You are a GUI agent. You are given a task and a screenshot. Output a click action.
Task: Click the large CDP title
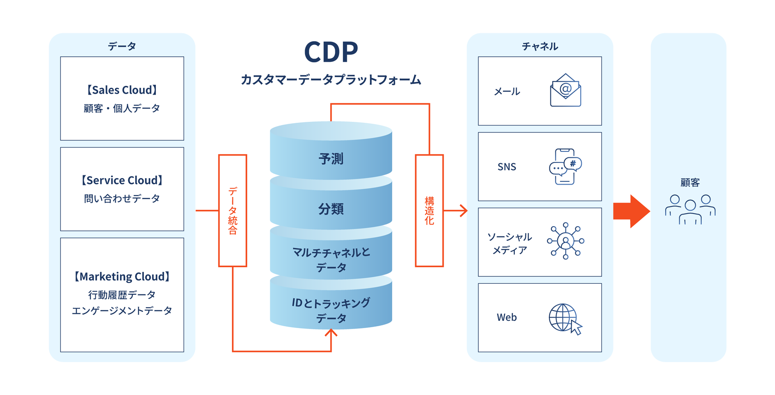tap(331, 52)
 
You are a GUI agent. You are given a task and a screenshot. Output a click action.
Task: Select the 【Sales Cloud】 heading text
tap(122, 90)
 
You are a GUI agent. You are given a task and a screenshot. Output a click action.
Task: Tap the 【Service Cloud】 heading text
tap(122, 180)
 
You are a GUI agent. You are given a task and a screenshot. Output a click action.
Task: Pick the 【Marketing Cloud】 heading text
tap(122, 276)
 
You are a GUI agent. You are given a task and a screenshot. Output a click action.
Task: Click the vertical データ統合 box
tap(232, 210)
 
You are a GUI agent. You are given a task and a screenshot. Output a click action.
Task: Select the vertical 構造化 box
tap(429, 210)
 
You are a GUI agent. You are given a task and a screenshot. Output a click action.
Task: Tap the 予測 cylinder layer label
tap(331, 159)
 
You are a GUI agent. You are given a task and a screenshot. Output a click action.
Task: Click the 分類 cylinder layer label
tap(331, 209)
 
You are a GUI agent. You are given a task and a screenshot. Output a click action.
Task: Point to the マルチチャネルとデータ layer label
tap(331, 259)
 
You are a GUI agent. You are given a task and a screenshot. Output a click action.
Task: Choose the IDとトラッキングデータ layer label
tap(331, 310)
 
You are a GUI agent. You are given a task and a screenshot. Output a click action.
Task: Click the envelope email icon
tap(565, 90)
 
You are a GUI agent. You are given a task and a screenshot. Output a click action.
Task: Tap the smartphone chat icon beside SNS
tap(565, 167)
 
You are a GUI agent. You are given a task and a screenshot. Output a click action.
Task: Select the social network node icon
tap(566, 241)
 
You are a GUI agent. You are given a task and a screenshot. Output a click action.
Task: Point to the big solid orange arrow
tap(631, 211)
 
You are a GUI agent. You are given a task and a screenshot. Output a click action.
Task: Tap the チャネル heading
tap(540, 47)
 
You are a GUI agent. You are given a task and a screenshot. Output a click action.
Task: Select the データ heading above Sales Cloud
tap(122, 47)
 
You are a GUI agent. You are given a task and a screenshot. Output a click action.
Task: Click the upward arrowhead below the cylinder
tap(331, 333)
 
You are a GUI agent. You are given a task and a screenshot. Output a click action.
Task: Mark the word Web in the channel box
tap(507, 317)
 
